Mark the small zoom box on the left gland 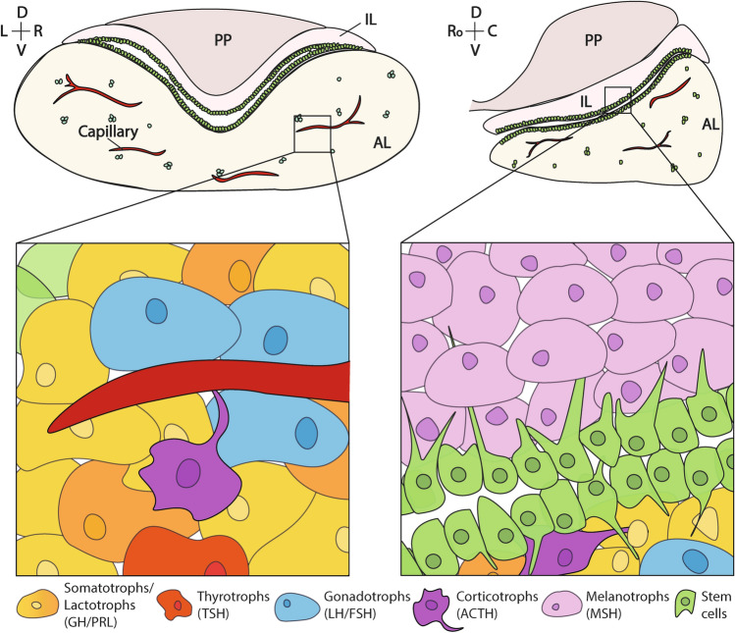(x=311, y=133)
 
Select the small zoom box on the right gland (x=617, y=99)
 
